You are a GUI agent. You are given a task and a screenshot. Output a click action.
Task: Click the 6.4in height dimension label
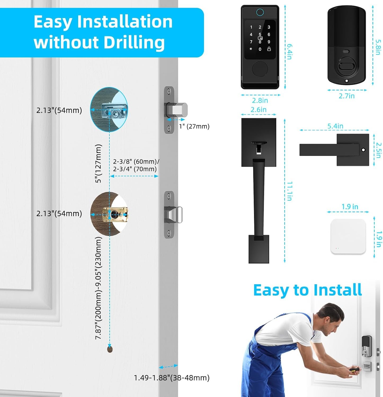(x=290, y=52)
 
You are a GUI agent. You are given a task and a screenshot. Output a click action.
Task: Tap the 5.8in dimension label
(x=378, y=47)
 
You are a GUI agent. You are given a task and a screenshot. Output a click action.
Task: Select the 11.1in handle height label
(x=290, y=191)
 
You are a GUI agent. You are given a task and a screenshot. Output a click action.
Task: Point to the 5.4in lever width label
(x=335, y=126)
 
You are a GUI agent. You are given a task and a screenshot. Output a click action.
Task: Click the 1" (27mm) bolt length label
(x=194, y=126)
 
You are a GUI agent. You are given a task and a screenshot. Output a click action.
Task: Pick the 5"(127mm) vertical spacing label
(x=98, y=164)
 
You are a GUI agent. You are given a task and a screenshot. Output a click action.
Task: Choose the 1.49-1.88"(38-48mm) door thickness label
(x=172, y=378)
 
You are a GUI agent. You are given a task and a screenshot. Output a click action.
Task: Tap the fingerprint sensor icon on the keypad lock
(x=260, y=12)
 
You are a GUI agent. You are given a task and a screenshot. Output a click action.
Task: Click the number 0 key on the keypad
(x=260, y=49)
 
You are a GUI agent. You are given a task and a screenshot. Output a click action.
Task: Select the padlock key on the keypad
(x=269, y=49)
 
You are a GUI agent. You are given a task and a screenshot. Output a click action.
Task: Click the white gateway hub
(x=348, y=237)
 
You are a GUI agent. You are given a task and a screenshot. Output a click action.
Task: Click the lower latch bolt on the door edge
(x=174, y=214)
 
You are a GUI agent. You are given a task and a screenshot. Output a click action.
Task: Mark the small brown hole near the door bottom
(x=110, y=349)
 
